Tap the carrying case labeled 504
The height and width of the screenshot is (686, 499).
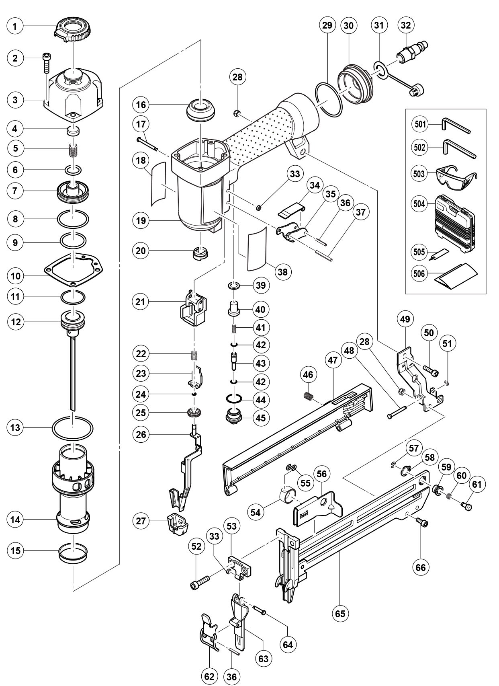pos(456,224)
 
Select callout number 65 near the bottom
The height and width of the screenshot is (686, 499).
pos(340,614)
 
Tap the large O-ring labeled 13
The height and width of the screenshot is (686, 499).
pos(72,428)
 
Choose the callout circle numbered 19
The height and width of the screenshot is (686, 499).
pos(141,221)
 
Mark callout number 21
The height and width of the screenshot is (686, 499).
pos(141,302)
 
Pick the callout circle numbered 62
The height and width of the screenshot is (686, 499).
pos(209,677)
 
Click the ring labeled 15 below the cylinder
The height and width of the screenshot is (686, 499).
pos(73,552)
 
